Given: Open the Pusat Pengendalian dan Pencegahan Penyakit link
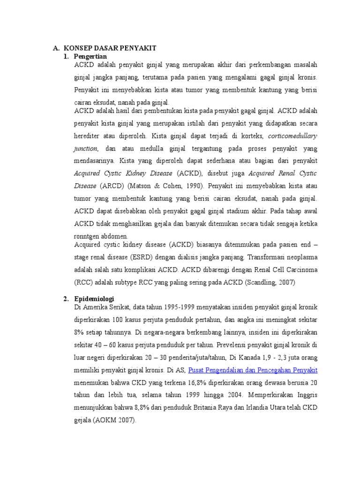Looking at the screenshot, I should point(253,370).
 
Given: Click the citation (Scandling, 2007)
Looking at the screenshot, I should point(268,282).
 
